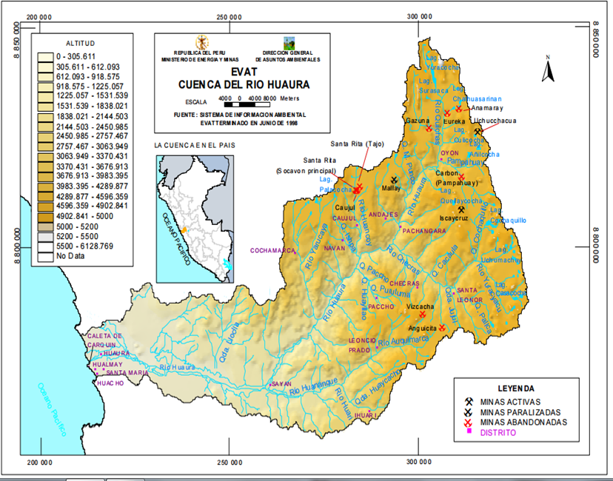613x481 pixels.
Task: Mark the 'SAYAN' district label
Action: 281,384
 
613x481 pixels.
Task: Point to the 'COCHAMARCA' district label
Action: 272,251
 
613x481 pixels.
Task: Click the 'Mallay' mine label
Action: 390,188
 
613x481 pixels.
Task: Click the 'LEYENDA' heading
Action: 516,387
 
